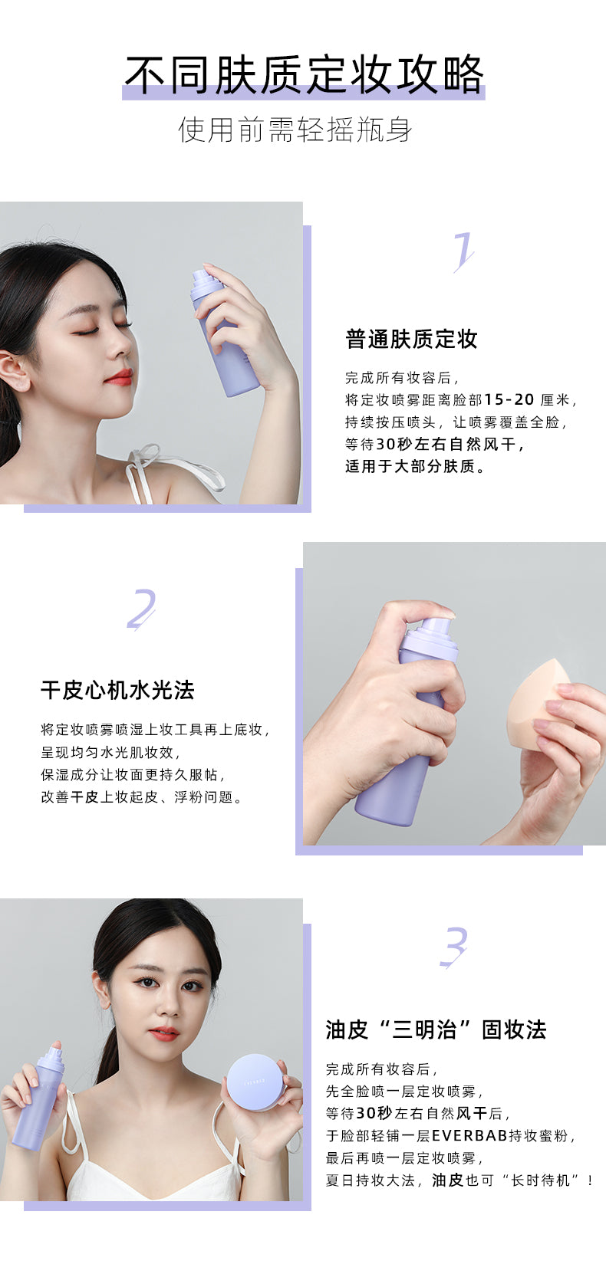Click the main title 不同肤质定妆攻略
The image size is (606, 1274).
(304, 74)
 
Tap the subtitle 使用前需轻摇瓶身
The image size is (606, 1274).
(295, 130)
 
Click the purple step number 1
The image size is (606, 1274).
(463, 252)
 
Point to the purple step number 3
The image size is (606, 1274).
(454, 947)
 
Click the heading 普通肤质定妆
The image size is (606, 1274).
(411, 339)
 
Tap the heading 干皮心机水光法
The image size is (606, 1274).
(118, 691)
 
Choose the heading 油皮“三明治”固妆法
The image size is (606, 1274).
(436, 1029)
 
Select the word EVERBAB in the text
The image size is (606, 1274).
(469, 1135)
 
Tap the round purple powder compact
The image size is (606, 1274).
(255, 1082)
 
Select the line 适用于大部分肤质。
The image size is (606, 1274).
(416, 466)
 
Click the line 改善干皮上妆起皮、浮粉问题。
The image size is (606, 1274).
(142, 796)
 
